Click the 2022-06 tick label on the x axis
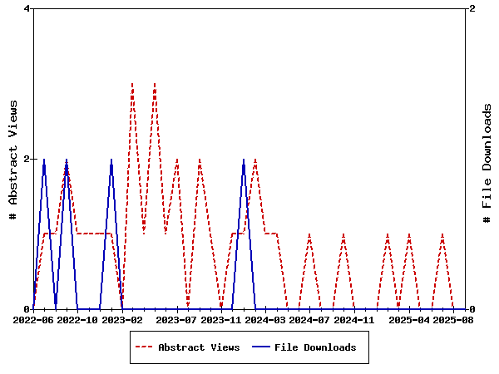(x=34, y=319)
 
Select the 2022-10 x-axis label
(x=78, y=319)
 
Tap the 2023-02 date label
(x=122, y=319)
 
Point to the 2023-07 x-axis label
(x=177, y=319)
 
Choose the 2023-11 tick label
(x=221, y=319)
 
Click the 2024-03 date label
(x=265, y=319)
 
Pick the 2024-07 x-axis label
(x=309, y=319)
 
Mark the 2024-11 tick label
(x=353, y=319)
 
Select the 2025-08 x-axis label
(x=454, y=319)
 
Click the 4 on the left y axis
(x=27, y=9)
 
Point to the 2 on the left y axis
(x=27, y=159)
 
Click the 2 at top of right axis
(x=472, y=9)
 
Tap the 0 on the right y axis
(x=472, y=309)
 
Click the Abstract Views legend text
(x=199, y=347)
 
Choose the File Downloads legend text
(x=315, y=347)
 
